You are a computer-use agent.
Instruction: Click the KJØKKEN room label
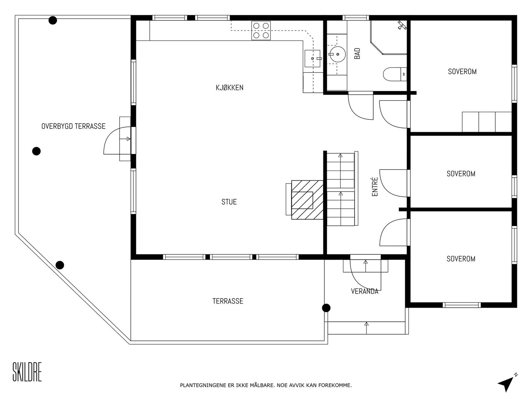[229, 87]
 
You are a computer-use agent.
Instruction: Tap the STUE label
[229, 202]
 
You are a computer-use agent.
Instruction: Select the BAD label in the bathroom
[357, 53]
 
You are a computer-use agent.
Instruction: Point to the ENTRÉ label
[375, 187]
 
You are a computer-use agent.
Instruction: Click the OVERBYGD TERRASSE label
[73, 126]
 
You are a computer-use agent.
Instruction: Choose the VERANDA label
[364, 291]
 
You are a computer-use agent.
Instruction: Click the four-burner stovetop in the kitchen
[261, 31]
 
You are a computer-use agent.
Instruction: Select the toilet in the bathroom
[395, 74]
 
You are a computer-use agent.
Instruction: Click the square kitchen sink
[313, 59]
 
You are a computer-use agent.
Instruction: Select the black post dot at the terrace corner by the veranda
[326, 308]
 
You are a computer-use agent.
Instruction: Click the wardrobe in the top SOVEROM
[487, 122]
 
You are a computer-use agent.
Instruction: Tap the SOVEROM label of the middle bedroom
[461, 174]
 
